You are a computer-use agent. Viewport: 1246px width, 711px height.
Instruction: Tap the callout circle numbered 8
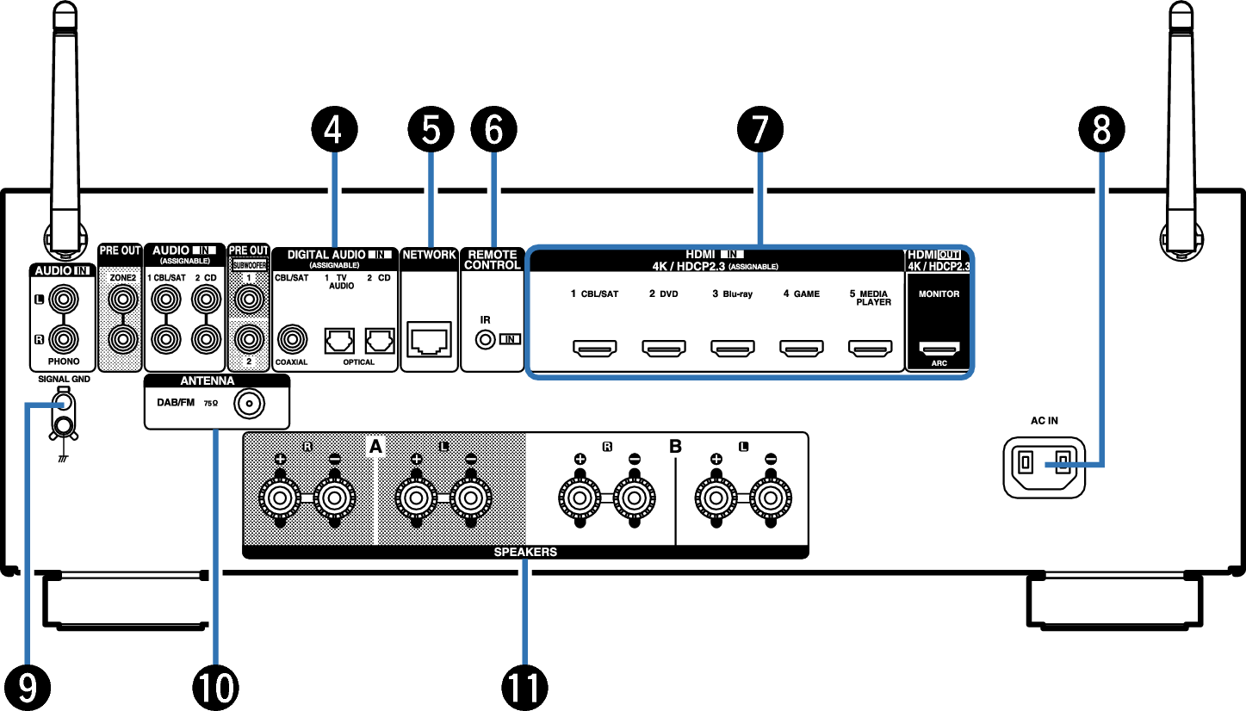(x=1100, y=128)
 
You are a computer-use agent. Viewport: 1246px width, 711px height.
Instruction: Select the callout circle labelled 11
(x=524, y=686)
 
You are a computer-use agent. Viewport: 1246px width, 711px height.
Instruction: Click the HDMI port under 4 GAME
(x=801, y=349)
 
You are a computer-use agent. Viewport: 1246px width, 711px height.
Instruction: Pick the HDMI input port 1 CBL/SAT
(x=594, y=349)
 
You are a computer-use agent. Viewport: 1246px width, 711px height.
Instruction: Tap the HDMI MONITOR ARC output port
(x=939, y=349)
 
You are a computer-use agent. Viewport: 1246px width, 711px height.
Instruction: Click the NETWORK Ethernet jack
(x=429, y=341)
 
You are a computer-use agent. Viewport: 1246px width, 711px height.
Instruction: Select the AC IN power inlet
(x=1045, y=466)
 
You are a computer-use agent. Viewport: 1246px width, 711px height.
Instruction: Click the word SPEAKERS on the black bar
(x=525, y=552)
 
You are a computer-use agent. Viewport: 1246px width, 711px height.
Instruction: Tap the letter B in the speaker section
(x=676, y=447)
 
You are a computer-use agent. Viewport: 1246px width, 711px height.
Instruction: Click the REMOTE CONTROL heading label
(x=493, y=260)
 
